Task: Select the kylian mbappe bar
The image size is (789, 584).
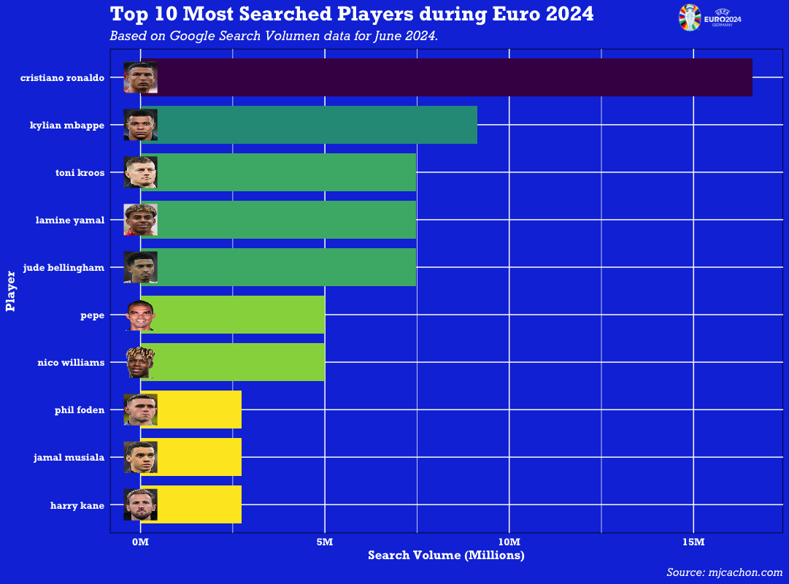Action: click(x=314, y=125)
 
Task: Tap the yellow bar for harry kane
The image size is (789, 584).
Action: click(x=197, y=504)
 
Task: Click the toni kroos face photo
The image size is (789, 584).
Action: click(x=140, y=172)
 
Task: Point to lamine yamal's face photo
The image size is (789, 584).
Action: click(x=140, y=220)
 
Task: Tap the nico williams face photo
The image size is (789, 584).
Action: click(x=140, y=362)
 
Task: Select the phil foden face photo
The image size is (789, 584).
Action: click(x=140, y=410)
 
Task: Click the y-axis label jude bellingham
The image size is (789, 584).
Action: click(x=63, y=268)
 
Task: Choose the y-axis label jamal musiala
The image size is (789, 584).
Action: click(x=69, y=458)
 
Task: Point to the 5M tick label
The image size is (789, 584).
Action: click(x=325, y=542)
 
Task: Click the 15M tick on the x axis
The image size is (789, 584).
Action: click(x=693, y=542)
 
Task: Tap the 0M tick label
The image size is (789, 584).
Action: click(x=140, y=542)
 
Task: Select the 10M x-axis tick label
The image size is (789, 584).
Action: click(x=509, y=542)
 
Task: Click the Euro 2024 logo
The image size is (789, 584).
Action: click(x=709, y=17)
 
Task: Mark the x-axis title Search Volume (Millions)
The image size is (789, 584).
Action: click(x=446, y=556)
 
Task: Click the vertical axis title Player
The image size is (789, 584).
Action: click(x=11, y=291)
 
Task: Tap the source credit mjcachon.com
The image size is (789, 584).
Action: click(x=744, y=572)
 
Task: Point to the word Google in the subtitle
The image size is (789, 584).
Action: click(x=192, y=36)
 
